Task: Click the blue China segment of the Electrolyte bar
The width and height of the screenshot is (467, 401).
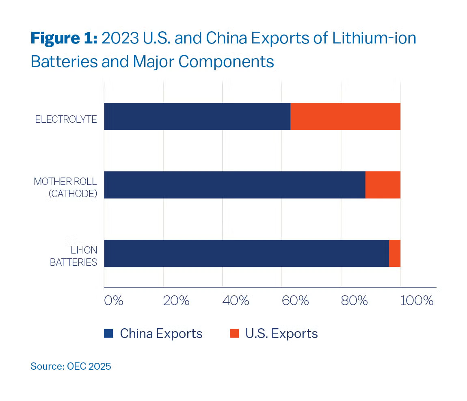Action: point(197,117)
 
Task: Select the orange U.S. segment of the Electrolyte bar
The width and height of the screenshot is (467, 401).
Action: point(345,117)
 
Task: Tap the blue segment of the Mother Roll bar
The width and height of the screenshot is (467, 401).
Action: point(235,185)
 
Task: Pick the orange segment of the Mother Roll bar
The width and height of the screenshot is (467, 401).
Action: point(383,185)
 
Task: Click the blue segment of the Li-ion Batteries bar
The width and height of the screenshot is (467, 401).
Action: point(246,254)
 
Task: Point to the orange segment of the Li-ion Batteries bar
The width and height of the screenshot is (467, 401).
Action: point(394,254)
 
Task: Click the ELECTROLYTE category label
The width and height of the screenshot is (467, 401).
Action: point(66,119)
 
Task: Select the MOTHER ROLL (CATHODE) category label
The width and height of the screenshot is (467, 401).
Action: point(65,187)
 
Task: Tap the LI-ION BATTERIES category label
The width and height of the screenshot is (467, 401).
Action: point(73,256)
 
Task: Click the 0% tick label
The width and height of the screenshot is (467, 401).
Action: point(113,301)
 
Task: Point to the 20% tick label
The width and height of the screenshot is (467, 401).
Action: point(176,301)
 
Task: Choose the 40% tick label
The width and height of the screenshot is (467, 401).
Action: point(236,301)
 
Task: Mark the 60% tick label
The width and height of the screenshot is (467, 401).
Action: point(295,301)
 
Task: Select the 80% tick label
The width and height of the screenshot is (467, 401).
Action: point(354,301)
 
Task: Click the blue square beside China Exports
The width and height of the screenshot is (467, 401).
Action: point(108,334)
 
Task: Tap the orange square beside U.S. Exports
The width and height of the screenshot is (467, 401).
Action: point(234,334)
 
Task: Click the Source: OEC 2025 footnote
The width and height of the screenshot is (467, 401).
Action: point(71,366)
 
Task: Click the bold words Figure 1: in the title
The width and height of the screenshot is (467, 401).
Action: point(64,39)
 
